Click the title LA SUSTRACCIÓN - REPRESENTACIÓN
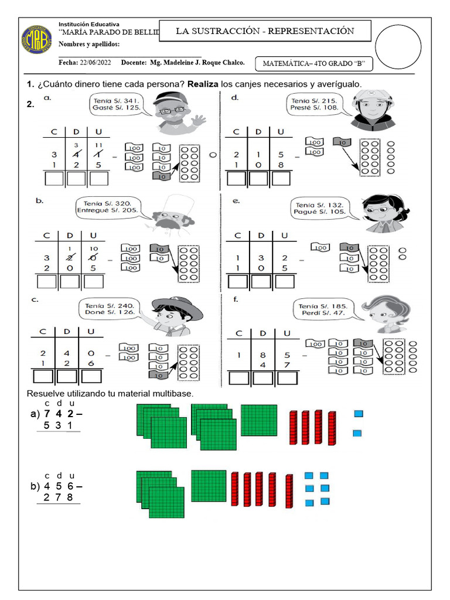pyautogui.click(x=265, y=31)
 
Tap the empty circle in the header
pyautogui.click(x=398, y=47)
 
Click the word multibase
pyautogui.click(x=171, y=393)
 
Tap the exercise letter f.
pyautogui.click(x=235, y=299)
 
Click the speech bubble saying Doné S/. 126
pyautogui.click(x=110, y=309)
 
